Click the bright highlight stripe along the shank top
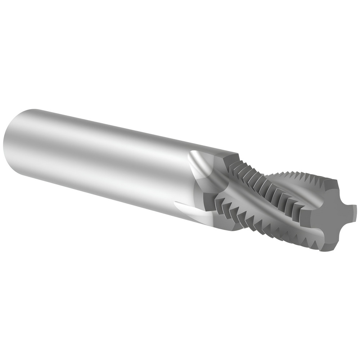point(108,122)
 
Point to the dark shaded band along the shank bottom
point(108,187)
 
